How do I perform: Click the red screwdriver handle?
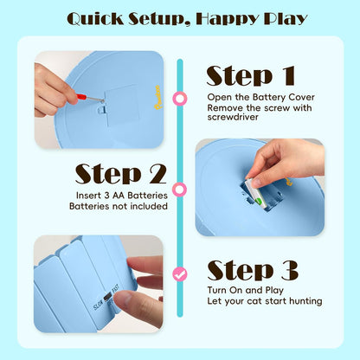[81, 97]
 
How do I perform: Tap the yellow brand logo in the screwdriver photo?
[158, 97]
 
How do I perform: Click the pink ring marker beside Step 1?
[180, 99]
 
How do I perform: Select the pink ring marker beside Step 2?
[179, 190]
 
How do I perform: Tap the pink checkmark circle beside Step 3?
[180, 274]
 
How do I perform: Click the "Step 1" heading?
[251, 75]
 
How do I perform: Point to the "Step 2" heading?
[121, 174]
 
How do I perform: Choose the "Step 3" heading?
[253, 270]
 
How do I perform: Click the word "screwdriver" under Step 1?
[233, 117]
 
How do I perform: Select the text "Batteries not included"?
[119, 206]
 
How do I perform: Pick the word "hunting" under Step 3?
[305, 301]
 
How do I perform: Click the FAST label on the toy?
[115, 289]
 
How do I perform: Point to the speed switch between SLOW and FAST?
[108, 297]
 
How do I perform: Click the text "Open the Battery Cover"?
[260, 97]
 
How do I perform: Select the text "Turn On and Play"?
[246, 290]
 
